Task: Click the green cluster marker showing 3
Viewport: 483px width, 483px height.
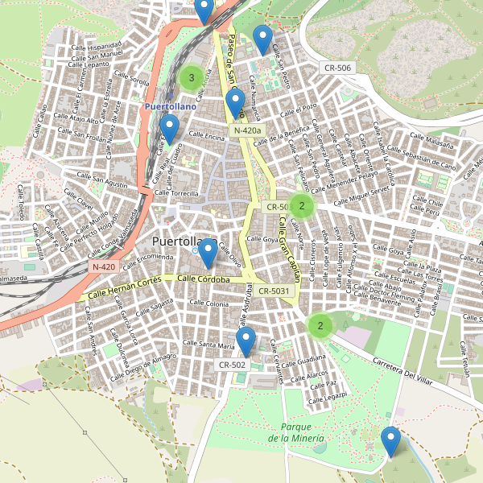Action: tap(192, 78)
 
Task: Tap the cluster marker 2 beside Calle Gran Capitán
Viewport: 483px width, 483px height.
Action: tap(301, 206)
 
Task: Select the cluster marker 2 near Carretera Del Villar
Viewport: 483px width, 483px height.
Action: tap(320, 326)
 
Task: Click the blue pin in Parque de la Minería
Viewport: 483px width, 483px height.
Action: tap(391, 441)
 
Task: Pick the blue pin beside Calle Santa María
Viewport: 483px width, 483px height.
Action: tap(246, 341)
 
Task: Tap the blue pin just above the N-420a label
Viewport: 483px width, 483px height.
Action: tap(235, 102)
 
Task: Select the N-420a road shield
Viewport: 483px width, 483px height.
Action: tap(247, 130)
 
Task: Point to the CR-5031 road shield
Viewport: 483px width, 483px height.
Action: tap(275, 291)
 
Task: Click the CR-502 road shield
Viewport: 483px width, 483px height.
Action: tap(232, 365)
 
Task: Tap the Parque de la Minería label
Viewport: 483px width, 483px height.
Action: tap(297, 432)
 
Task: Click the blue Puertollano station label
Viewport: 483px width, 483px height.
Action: tap(171, 105)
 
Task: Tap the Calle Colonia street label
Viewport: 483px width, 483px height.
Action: tap(208, 303)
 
